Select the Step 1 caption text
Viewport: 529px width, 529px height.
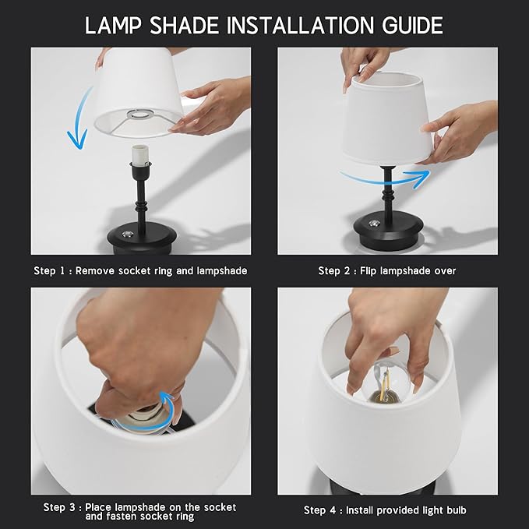point(140,271)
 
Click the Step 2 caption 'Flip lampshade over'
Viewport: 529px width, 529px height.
point(387,271)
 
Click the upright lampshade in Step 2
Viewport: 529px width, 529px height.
point(390,121)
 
